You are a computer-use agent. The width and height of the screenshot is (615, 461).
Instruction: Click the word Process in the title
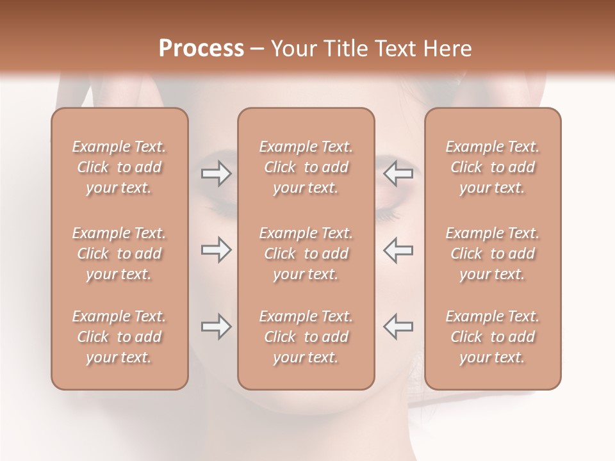pyautogui.click(x=201, y=49)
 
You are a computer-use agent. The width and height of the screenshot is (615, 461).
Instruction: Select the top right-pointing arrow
pyautogui.click(x=216, y=174)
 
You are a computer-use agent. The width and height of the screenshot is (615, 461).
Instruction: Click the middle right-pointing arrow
pyautogui.click(x=216, y=250)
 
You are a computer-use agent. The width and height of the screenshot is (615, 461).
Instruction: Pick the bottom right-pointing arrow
pyautogui.click(x=216, y=327)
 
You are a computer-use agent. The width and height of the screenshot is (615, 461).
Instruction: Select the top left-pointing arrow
pyautogui.click(x=398, y=174)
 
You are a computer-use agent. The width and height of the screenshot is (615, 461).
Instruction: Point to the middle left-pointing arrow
pyautogui.click(x=398, y=250)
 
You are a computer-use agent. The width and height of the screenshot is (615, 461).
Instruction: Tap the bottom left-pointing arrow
pyautogui.click(x=398, y=327)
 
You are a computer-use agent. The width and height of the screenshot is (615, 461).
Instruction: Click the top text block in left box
pyautogui.click(x=119, y=167)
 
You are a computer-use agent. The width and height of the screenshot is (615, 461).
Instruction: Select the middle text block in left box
pyautogui.click(x=119, y=254)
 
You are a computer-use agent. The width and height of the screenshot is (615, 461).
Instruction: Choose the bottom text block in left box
pyautogui.click(x=119, y=337)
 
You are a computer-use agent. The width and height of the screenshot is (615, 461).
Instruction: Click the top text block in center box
pyautogui.click(x=306, y=167)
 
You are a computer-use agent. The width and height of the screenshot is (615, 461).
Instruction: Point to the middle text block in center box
pyautogui.click(x=306, y=254)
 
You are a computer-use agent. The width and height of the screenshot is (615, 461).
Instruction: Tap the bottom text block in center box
pyautogui.click(x=306, y=337)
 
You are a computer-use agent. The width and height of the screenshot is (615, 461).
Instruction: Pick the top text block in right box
pyautogui.click(x=493, y=167)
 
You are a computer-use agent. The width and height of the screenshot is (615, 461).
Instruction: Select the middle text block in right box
pyautogui.click(x=493, y=254)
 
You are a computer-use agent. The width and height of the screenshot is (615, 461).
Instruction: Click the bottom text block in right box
pyautogui.click(x=493, y=337)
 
